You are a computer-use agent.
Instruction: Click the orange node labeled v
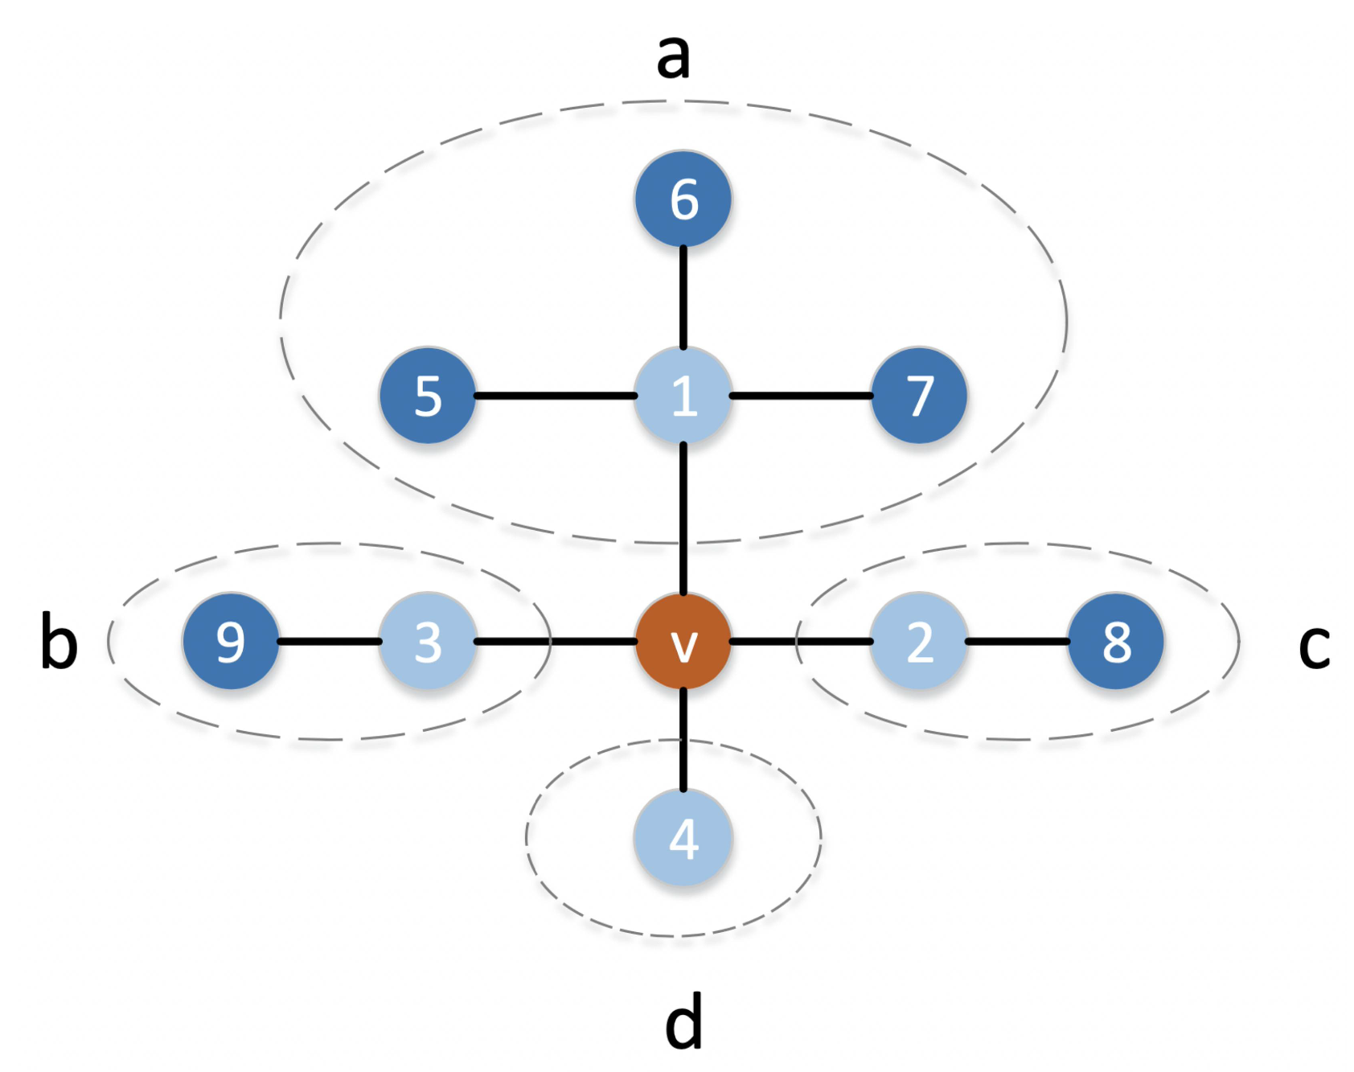683,642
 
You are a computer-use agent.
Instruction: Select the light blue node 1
683,396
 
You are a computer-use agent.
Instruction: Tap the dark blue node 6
683,199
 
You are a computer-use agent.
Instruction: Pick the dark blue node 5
428,396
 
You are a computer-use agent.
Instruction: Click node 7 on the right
919,396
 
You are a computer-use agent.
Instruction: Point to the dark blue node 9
231,642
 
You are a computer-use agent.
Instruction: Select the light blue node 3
428,642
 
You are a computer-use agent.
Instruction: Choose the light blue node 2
919,642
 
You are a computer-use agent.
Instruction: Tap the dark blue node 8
1116,642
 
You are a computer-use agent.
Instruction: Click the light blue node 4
683,838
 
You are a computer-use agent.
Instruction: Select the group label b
59,641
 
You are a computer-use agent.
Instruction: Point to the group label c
1314,646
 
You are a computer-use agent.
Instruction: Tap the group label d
684,1021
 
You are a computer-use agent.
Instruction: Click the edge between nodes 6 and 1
683,298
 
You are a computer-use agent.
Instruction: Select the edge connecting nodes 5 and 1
555,396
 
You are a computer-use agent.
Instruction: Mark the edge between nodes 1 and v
683,519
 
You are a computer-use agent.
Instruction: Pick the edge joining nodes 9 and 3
330,642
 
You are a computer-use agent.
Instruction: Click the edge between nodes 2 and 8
1017,642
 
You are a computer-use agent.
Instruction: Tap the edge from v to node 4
683,740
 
